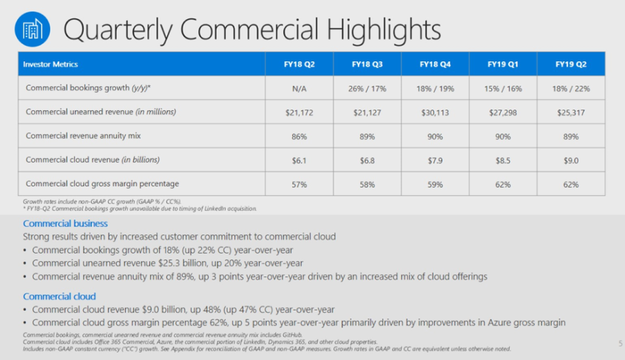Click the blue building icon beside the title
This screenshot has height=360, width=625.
pyautogui.click(x=32, y=30)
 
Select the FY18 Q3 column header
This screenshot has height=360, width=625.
pyautogui.click(x=367, y=64)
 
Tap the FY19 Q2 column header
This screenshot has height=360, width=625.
pyautogui.click(x=571, y=64)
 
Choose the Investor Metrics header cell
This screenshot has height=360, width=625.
pyautogui.click(x=52, y=64)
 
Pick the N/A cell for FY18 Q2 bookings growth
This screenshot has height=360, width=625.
pyautogui.click(x=299, y=87)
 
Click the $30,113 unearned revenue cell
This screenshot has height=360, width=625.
pyautogui.click(x=435, y=112)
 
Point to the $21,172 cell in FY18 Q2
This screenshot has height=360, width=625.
pyautogui.click(x=299, y=112)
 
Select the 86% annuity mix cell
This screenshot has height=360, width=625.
pyautogui.click(x=299, y=136)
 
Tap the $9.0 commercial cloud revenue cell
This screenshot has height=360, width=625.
pyautogui.click(x=571, y=160)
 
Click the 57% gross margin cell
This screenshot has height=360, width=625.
pyautogui.click(x=299, y=184)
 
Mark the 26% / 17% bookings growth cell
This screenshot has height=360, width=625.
pyautogui.click(x=367, y=87)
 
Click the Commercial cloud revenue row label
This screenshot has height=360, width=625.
pyautogui.click(x=92, y=160)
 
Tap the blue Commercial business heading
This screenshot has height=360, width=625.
pyautogui.click(x=65, y=223)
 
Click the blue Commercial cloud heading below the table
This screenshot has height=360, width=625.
pyautogui.click(x=59, y=296)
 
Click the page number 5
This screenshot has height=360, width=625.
pyautogui.click(x=619, y=343)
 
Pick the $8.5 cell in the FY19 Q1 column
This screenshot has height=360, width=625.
pyautogui.click(x=503, y=160)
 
